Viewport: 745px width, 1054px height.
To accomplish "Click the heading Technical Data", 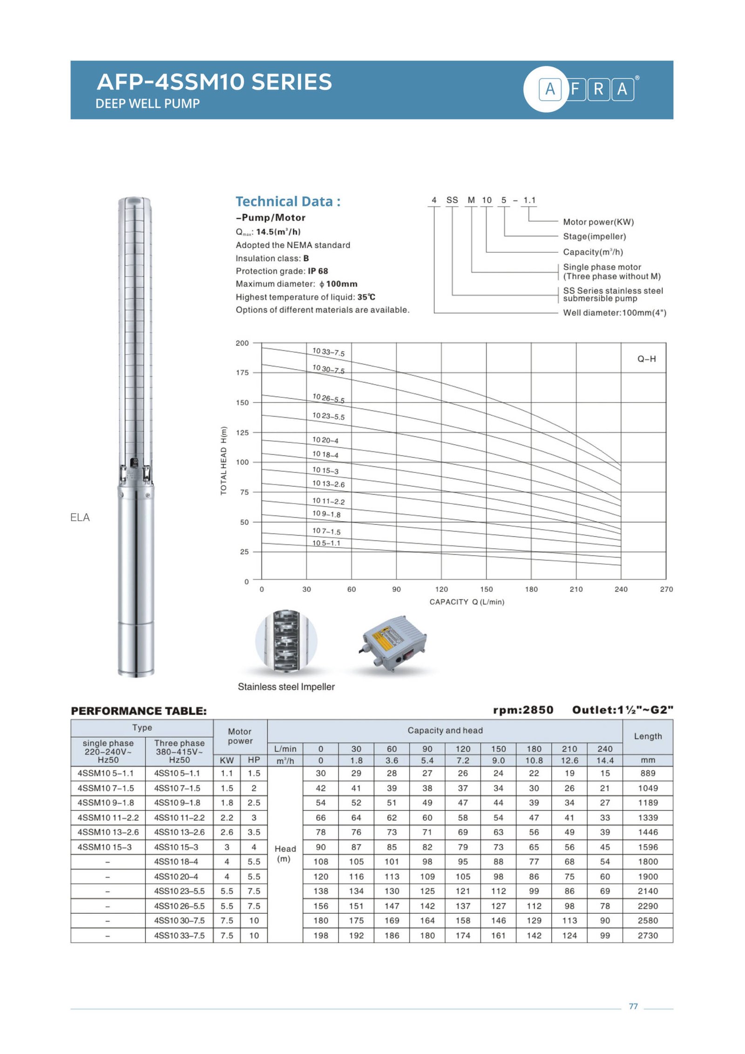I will (288, 202).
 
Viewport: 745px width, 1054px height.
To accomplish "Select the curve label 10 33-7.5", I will (328, 352).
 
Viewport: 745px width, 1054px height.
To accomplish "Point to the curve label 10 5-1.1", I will (326, 543).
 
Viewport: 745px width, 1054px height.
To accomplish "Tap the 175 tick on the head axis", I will (242, 373).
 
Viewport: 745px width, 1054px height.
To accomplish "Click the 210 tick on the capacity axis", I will (576, 589).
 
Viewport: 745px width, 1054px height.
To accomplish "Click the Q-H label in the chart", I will (646, 359).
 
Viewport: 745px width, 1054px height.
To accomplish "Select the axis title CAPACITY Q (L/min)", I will (467, 602).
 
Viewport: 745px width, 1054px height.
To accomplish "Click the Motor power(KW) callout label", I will (598, 222).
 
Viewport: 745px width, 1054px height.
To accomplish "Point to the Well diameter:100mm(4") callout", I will (614, 313).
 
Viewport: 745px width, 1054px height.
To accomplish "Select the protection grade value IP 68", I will (318, 271).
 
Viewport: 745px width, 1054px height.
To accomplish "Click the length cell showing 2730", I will (647, 935).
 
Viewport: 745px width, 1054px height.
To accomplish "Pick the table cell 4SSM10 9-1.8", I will (106, 802).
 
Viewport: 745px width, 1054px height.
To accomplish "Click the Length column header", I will (647, 736).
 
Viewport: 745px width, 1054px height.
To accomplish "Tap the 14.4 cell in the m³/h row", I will (604, 760).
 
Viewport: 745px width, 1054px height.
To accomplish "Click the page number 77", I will (633, 1006).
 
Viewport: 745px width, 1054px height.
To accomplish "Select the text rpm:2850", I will (523, 710).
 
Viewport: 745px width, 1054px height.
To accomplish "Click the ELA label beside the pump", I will (80, 517).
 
